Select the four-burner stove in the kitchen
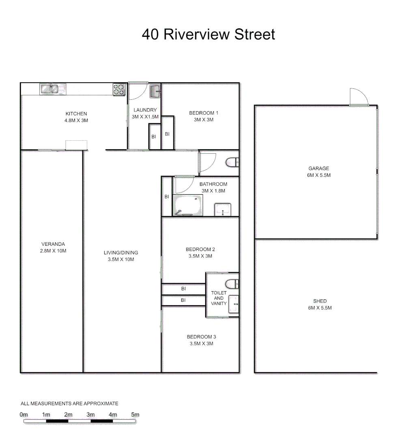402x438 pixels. [x=119, y=89]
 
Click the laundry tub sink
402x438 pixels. [x=155, y=92]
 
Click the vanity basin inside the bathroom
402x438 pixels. [x=222, y=210]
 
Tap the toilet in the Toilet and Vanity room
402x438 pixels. [x=232, y=283]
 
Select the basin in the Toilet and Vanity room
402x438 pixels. [x=234, y=304]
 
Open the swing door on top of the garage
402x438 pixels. [x=358, y=97]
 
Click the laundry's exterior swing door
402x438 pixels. [x=136, y=91]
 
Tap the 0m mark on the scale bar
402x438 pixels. [x=24, y=415]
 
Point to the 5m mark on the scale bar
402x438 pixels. [x=135, y=415]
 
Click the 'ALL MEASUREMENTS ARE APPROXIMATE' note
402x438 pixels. [x=69, y=404]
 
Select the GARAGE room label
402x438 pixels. [x=318, y=169]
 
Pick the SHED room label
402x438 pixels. [x=320, y=301]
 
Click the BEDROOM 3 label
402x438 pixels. [x=201, y=337]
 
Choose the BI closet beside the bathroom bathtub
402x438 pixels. [x=166, y=197]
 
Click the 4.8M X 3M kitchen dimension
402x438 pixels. [x=76, y=120]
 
